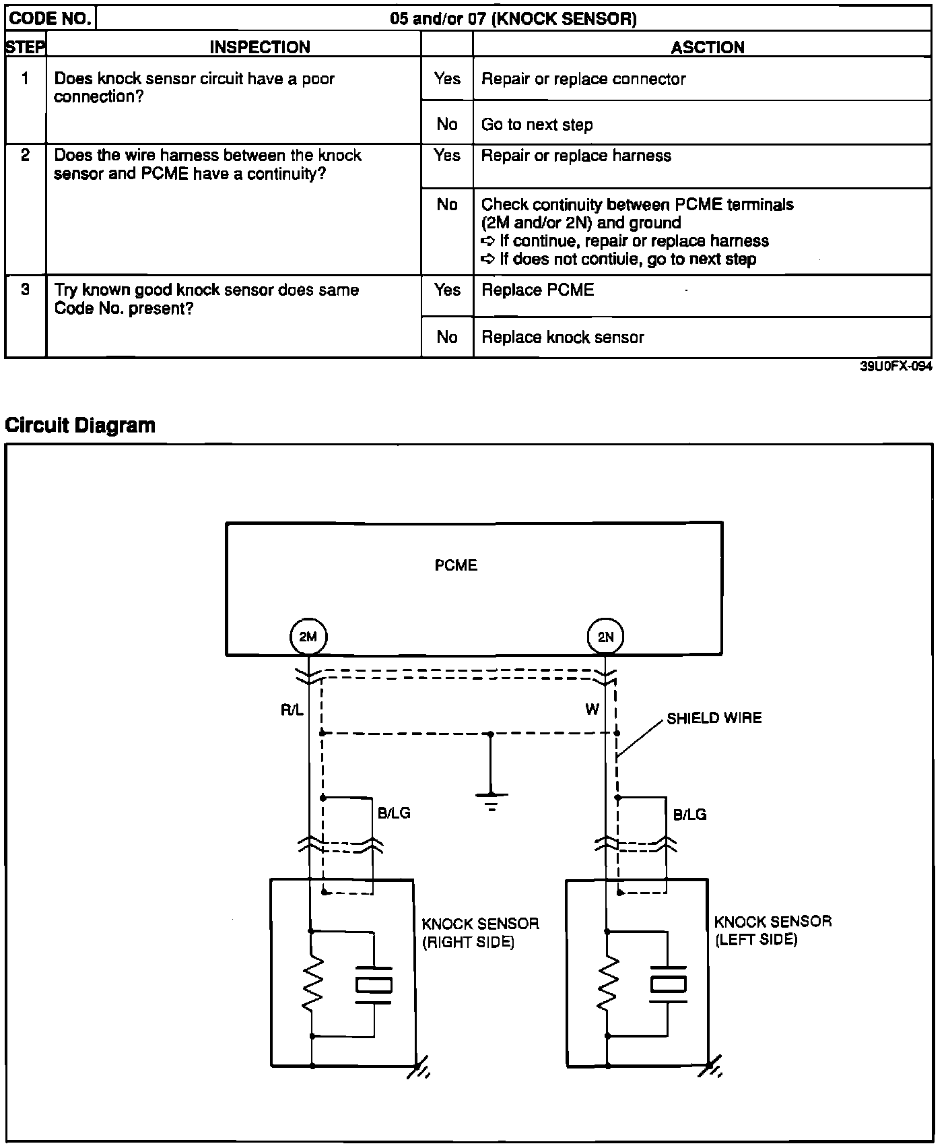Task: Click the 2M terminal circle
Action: [308, 637]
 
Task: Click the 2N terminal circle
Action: [605, 637]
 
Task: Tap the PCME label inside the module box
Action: [456, 565]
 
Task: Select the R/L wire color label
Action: [292, 710]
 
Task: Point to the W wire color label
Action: [592, 709]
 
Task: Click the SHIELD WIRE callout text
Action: [714, 718]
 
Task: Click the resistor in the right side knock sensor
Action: [312, 984]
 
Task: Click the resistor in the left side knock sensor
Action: [607, 984]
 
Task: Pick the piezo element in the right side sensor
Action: [373, 985]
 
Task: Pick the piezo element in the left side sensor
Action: [668, 984]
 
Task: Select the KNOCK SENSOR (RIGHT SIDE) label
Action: [480, 932]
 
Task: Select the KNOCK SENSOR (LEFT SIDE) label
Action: [772, 930]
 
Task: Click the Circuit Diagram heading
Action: [80, 425]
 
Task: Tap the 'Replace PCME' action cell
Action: [538, 290]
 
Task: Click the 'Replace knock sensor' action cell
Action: [562, 338]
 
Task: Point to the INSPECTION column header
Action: [260, 47]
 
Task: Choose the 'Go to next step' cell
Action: [537, 125]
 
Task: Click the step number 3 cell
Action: [25, 290]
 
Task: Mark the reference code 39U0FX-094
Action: [895, 367]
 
